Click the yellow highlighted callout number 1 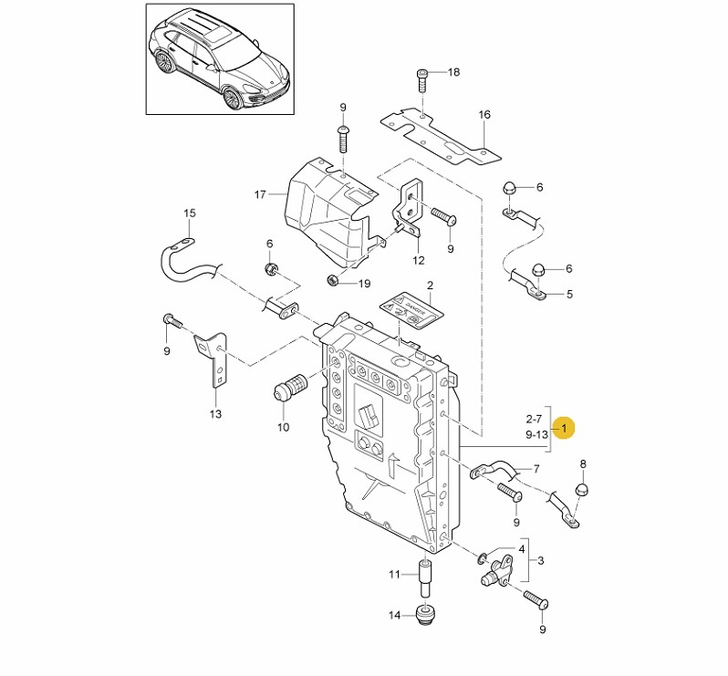(x=565, y=427)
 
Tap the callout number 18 (x=454, y=72)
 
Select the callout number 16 (x=484, y=115)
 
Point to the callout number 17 (x=260, y=194)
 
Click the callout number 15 (x=190, y=213)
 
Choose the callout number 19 (x=365, y=284)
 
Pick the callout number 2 (x=429, y=286)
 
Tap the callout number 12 (x=419, y=260)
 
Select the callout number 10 (x=283, y=427)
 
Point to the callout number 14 (x=394, y=616)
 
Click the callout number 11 (x=394, y=575)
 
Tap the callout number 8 (x=584, y=464)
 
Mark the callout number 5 (x=569, y=295)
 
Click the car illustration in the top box (x=219, y=59)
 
